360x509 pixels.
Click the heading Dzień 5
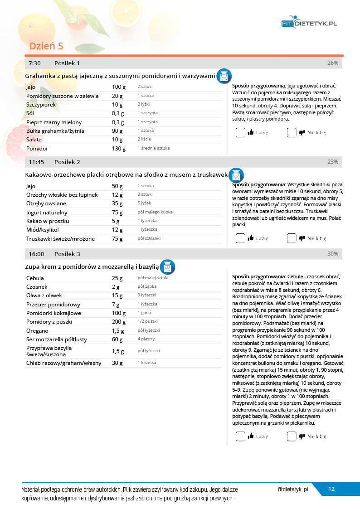tap(46, 46)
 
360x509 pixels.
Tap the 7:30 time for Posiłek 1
tap(35, 63)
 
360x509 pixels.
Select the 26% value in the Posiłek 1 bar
tap(333, 63)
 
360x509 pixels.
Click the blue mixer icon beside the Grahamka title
tap(224, 76)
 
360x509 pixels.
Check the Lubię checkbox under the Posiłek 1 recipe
tap(240, 133)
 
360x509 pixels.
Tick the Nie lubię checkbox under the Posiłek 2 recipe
tap(292, 238)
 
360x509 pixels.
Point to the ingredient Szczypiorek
tap(41, 105)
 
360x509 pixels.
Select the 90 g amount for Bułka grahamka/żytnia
tap(118, 131)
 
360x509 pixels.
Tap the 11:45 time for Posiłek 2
tap(36, 162)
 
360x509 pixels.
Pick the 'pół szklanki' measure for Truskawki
tap(149, 238)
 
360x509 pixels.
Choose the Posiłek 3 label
tap(67, 254)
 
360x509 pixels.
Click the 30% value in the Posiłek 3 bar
tap(333, 254)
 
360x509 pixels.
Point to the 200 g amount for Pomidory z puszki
tap(119, 322)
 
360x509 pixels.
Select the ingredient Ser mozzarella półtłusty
tap(57, 339)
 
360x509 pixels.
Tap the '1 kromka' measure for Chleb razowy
tap(147, 363)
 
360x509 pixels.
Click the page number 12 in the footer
tap(331, 489)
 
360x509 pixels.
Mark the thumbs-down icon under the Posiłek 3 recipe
tap(301, 436)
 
